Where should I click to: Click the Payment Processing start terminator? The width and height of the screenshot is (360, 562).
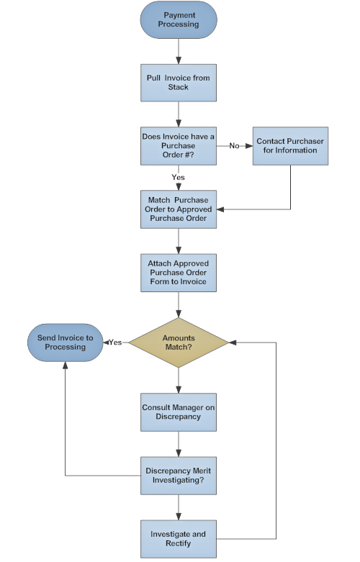pos(179,19)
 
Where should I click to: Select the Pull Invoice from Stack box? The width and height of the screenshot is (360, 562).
pos(179,82)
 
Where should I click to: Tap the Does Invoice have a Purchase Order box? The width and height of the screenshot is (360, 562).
pos(179,145)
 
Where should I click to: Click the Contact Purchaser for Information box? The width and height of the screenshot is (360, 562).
pos(290,145)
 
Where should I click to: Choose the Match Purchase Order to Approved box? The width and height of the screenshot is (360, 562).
pos(179,209)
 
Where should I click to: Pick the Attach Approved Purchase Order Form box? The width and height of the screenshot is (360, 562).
pos(179,271)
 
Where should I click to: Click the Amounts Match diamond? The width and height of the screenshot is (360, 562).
pos(179,342)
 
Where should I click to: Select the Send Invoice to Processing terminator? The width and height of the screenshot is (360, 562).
pos(65,342)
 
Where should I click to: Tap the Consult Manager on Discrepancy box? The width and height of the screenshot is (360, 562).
pos(179,412)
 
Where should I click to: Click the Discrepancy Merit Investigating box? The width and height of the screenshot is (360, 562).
pos(179,475)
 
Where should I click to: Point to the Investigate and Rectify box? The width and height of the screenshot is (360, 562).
pos(179,538)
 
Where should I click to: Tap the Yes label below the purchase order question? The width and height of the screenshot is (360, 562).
pos(179,177)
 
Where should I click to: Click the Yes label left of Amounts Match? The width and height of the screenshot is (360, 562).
pos(114,342)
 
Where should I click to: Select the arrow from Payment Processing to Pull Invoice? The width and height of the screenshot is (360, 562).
pos(179,50)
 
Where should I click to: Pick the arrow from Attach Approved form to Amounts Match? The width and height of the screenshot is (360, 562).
pos(179,304)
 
